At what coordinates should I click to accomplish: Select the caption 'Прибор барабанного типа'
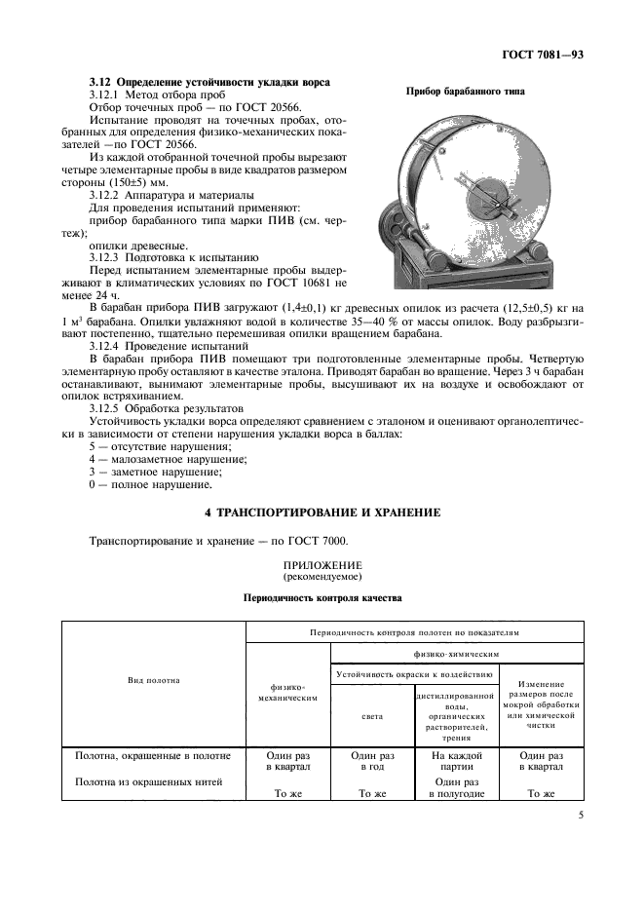(x=465, y=92)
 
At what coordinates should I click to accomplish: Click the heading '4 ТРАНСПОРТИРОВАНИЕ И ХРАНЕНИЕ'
(x=322, y=512)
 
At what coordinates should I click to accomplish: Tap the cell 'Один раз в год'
(x=372, y=760)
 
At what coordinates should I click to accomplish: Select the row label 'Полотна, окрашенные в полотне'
(x=153, y=754)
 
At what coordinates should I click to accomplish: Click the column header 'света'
(x=372, y=715)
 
